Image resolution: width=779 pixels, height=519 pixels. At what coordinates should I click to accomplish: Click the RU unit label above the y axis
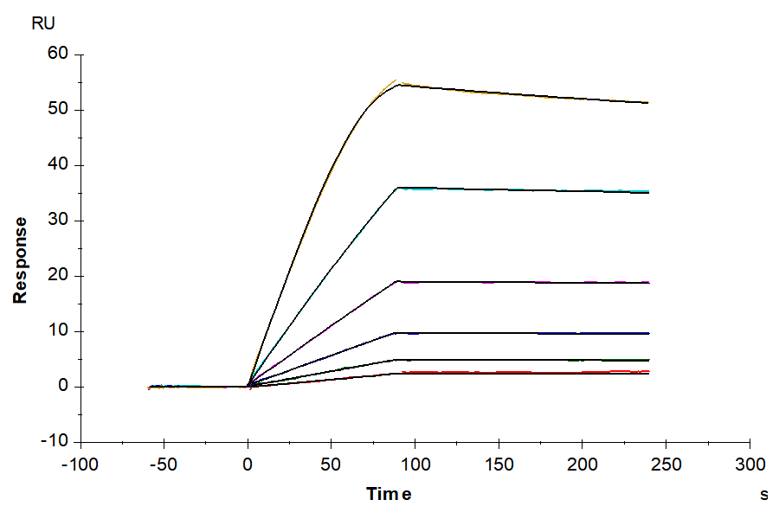coord(44,23)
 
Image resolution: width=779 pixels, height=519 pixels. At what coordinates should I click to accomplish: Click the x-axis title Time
coord(389,494)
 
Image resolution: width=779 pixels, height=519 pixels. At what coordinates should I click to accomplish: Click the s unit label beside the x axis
coord(764,495)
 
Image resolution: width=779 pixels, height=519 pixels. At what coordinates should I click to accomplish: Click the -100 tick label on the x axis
coord(80,465)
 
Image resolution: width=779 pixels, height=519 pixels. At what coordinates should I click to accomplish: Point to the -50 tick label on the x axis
coord(164,465)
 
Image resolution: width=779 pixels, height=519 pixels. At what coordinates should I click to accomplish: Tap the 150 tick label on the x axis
coord(499,465)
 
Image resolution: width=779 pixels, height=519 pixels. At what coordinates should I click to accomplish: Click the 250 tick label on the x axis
coord(666,465)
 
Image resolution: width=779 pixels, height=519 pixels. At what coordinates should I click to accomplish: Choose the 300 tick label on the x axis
coord(750,465)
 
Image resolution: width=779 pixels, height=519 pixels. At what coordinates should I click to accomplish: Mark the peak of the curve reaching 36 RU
coord(397,187)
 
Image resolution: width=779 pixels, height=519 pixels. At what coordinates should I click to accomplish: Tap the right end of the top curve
coord(647,102)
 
